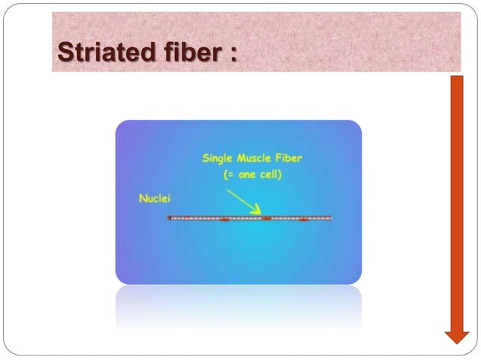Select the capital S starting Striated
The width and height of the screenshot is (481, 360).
[x=66, y=54]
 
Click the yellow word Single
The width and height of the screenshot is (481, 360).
[x=219, y=159]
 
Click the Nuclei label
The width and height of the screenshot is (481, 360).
[x=155, y=199]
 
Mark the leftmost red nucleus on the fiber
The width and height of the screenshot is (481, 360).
[x=224, y=220]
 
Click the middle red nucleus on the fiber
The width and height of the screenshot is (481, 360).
[x=266, y=218]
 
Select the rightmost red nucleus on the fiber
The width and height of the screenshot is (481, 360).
[x=303, y=220]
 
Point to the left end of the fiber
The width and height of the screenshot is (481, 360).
[x=170, y=218]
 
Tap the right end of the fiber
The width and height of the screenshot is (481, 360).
[x=331, y=218]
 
